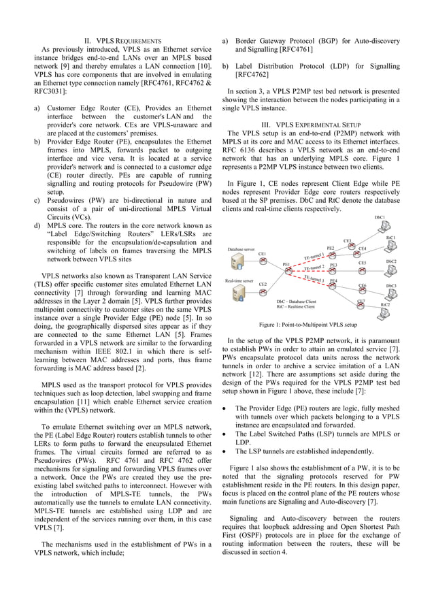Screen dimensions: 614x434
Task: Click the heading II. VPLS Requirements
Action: pos(122,42)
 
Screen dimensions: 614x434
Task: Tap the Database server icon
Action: pos(237,262)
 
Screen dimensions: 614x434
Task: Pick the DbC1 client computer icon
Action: pos(380,227)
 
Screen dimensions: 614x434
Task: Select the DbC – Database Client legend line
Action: pos(297,300)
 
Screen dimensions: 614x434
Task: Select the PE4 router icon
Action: pos(333,285)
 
